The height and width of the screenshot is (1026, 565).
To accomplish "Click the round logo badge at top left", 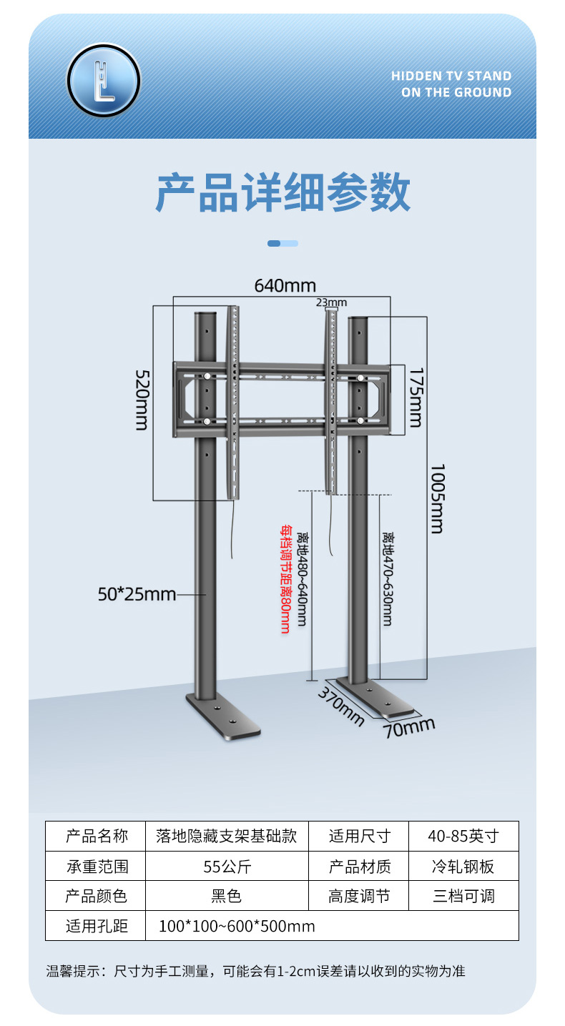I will (104, 80).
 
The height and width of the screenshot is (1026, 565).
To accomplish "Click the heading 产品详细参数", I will (283, 192).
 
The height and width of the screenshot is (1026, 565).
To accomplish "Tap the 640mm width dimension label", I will (285, 286).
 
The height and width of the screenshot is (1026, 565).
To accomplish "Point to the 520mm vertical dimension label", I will (142, 400).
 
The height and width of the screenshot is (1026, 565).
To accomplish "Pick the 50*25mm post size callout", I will (137, 593).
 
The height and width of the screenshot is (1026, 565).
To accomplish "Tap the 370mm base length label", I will (341, 706).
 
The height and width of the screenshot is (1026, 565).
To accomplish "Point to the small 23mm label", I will (331, 302).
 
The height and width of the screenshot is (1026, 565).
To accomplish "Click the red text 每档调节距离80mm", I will (285, 579).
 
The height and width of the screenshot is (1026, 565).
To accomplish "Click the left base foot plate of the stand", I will (222, 718).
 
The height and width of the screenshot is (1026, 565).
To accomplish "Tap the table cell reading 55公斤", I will (227, 867).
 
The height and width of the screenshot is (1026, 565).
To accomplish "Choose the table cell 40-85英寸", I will (463, 837).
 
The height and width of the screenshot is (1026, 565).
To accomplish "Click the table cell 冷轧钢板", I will (463, 867).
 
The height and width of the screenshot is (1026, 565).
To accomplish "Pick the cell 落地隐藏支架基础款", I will (227, 837).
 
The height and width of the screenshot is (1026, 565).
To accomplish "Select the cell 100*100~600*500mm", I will (237, 926).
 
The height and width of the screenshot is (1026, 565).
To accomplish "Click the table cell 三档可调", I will (463, 896).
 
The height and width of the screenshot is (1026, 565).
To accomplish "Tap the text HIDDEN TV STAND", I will (451, 76).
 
